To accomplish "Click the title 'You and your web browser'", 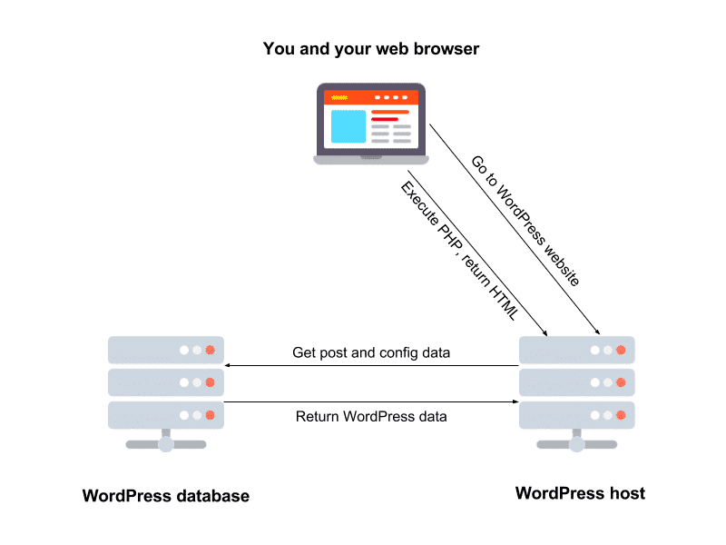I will coord(370,49).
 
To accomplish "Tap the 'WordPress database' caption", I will coord(165,496).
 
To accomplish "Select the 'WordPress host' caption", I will coord(580,493).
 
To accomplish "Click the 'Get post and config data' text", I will coord(371,352).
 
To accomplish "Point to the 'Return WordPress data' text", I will coord(372,416).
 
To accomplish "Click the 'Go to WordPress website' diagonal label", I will coord(525,221).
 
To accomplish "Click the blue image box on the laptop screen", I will coord(348,126).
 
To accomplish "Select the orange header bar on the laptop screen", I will coord(370,96).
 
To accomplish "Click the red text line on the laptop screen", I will coord(386,119).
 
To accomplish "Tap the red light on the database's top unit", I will coord(210,350).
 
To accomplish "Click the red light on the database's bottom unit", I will coord(210,415).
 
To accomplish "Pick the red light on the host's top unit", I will coord(621,350).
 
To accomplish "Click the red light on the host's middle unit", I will coord(621,382).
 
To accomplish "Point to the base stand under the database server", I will coord(165,444).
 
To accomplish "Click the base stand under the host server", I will coord(576,444).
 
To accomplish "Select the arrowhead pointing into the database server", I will coord(228,366).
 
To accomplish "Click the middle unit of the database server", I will coord(165,382).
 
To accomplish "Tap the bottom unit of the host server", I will coord(576,415).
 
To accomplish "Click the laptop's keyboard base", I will coord(370,159).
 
